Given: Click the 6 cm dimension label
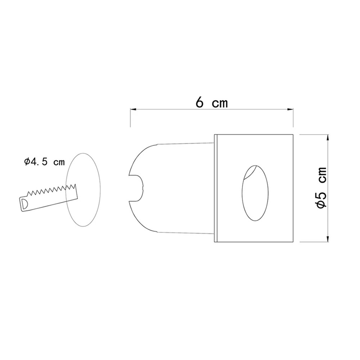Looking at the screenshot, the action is coord(211,103).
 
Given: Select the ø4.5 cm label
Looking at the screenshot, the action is coord(44,162).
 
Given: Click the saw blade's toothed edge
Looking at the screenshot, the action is coord(51,189).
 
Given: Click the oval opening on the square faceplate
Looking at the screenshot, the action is coord(255,193).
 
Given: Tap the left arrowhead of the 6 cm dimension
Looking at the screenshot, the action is coord(133,109).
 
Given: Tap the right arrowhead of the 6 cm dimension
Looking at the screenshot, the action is coord(291,109).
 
